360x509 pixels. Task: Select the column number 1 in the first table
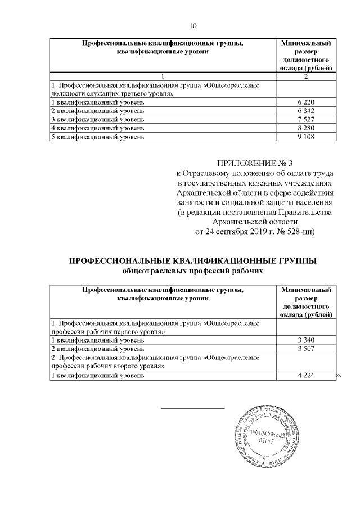click(162, 76)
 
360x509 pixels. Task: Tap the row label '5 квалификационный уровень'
click(97, 136)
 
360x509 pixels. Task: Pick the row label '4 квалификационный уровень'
click(97, 128)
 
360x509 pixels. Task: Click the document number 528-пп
click(303, 231)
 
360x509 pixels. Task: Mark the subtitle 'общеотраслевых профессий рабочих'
click(193, 271)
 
